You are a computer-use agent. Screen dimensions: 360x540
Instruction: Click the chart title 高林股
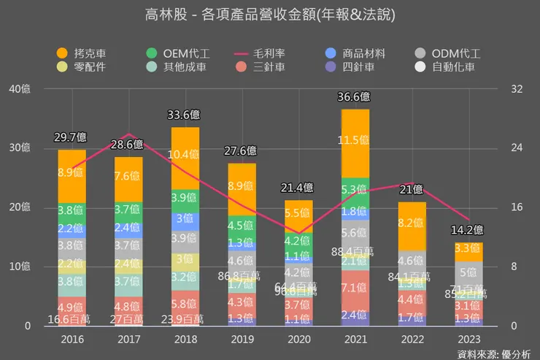click(271, 14)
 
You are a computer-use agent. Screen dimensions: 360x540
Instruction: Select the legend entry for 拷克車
click(85, 53)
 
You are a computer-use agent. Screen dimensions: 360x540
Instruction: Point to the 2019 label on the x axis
click(242, 340)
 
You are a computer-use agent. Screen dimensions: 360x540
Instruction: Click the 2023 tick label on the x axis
click(469, 340)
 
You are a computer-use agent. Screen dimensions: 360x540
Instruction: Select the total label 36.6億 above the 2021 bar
click(355, 96)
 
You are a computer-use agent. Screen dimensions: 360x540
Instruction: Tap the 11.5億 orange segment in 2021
click(355, 140)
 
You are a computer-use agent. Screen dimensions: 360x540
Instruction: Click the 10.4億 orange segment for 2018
click(185, 155)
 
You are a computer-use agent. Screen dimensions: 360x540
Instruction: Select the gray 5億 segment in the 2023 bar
click(468, 272)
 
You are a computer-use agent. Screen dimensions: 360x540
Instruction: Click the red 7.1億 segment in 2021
click(355, 287)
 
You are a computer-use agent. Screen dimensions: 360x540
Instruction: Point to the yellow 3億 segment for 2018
click(185, 259)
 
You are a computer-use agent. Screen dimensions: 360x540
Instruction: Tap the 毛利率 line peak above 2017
click(128, 134)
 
